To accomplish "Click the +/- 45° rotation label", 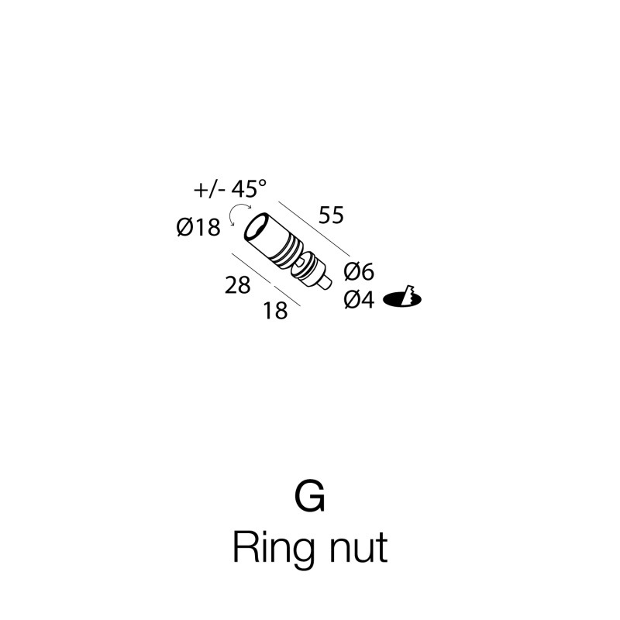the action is (230, 188).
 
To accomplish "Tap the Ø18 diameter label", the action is (198, 228).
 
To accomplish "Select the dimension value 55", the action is (332, 215).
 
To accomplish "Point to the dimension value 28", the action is (238, 285).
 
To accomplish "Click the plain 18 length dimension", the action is (275, 311).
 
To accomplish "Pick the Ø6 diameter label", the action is (359, 272).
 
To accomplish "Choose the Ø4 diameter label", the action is (359, 299).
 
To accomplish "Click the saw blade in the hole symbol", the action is (408, 295).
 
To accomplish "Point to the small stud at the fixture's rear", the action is (325, 284).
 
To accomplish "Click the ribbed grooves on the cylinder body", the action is (288, 253).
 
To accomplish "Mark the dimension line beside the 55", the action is (315, 229).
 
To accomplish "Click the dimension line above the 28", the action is (250, 268).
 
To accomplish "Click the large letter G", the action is (310, 496).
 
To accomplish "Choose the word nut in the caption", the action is (358, 549).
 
